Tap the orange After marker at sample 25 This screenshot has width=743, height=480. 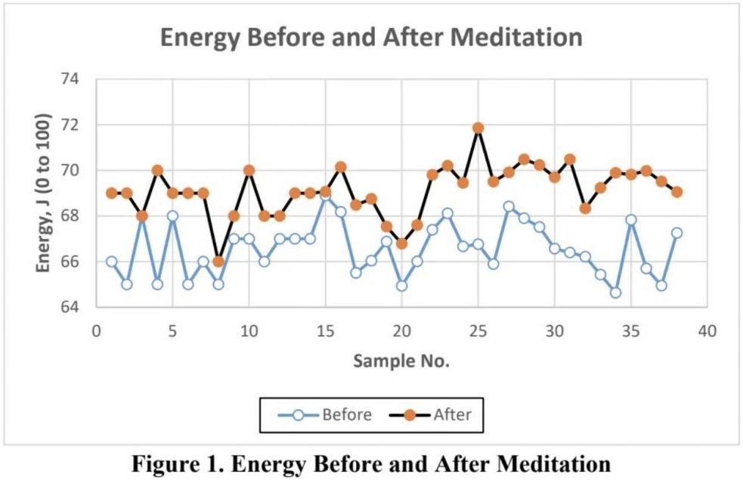[x=478, y=128]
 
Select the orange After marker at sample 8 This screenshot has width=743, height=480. [x=218, y=262]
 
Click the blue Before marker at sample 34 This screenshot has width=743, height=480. [x=615, y=293]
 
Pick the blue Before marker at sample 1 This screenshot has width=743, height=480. [x=112, y=262]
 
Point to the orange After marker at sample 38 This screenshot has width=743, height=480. [x=676, y=192]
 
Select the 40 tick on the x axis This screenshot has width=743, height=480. [x=707, y=330]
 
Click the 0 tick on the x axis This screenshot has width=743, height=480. [x=96, y=330]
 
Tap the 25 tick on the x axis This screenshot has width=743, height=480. [x=478, y=330]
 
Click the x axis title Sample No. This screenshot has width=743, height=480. [x=401, y=361]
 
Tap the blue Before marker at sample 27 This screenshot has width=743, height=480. [x=509, y=206]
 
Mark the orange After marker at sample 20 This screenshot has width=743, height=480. [x=401, y=243]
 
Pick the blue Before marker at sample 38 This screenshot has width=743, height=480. [x=676, y=233]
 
